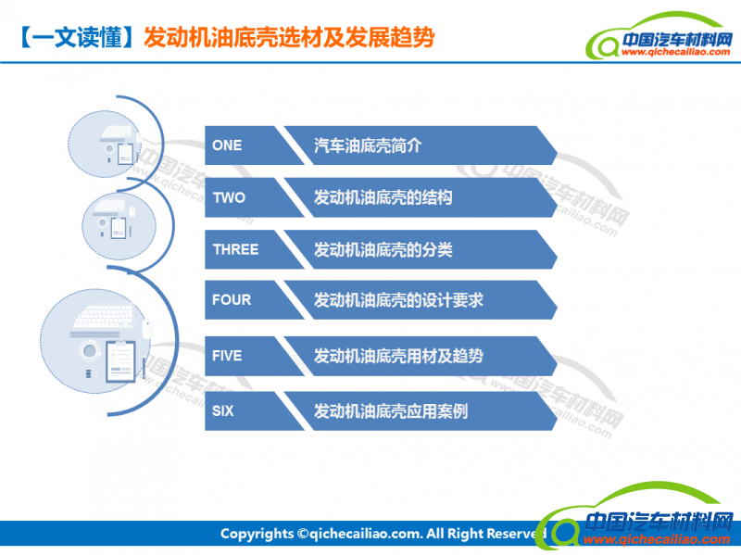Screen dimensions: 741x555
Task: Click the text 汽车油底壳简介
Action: click(x=368, y=145)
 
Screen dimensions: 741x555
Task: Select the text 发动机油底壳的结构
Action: click(x=383, y=197)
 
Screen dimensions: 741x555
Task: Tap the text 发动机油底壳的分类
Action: click(x=383, y=249)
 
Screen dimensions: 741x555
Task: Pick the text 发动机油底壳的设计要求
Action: click(x=399, y=300)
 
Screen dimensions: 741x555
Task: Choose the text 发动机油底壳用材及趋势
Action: click(x=399, y=356)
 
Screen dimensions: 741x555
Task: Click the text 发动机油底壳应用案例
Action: click(x=391, y=411)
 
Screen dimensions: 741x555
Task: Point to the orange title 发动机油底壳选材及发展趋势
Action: click(x=289, y=37)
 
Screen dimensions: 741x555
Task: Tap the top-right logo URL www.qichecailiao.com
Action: click(x=676, y=52)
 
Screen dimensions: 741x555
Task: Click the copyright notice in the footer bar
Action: click(x=383, y=534)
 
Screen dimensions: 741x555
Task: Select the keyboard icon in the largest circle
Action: click(x=104, y=316)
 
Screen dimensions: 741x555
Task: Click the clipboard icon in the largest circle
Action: click(x=121, y=361)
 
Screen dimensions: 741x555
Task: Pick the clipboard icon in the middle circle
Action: click(x=119, y=228)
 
